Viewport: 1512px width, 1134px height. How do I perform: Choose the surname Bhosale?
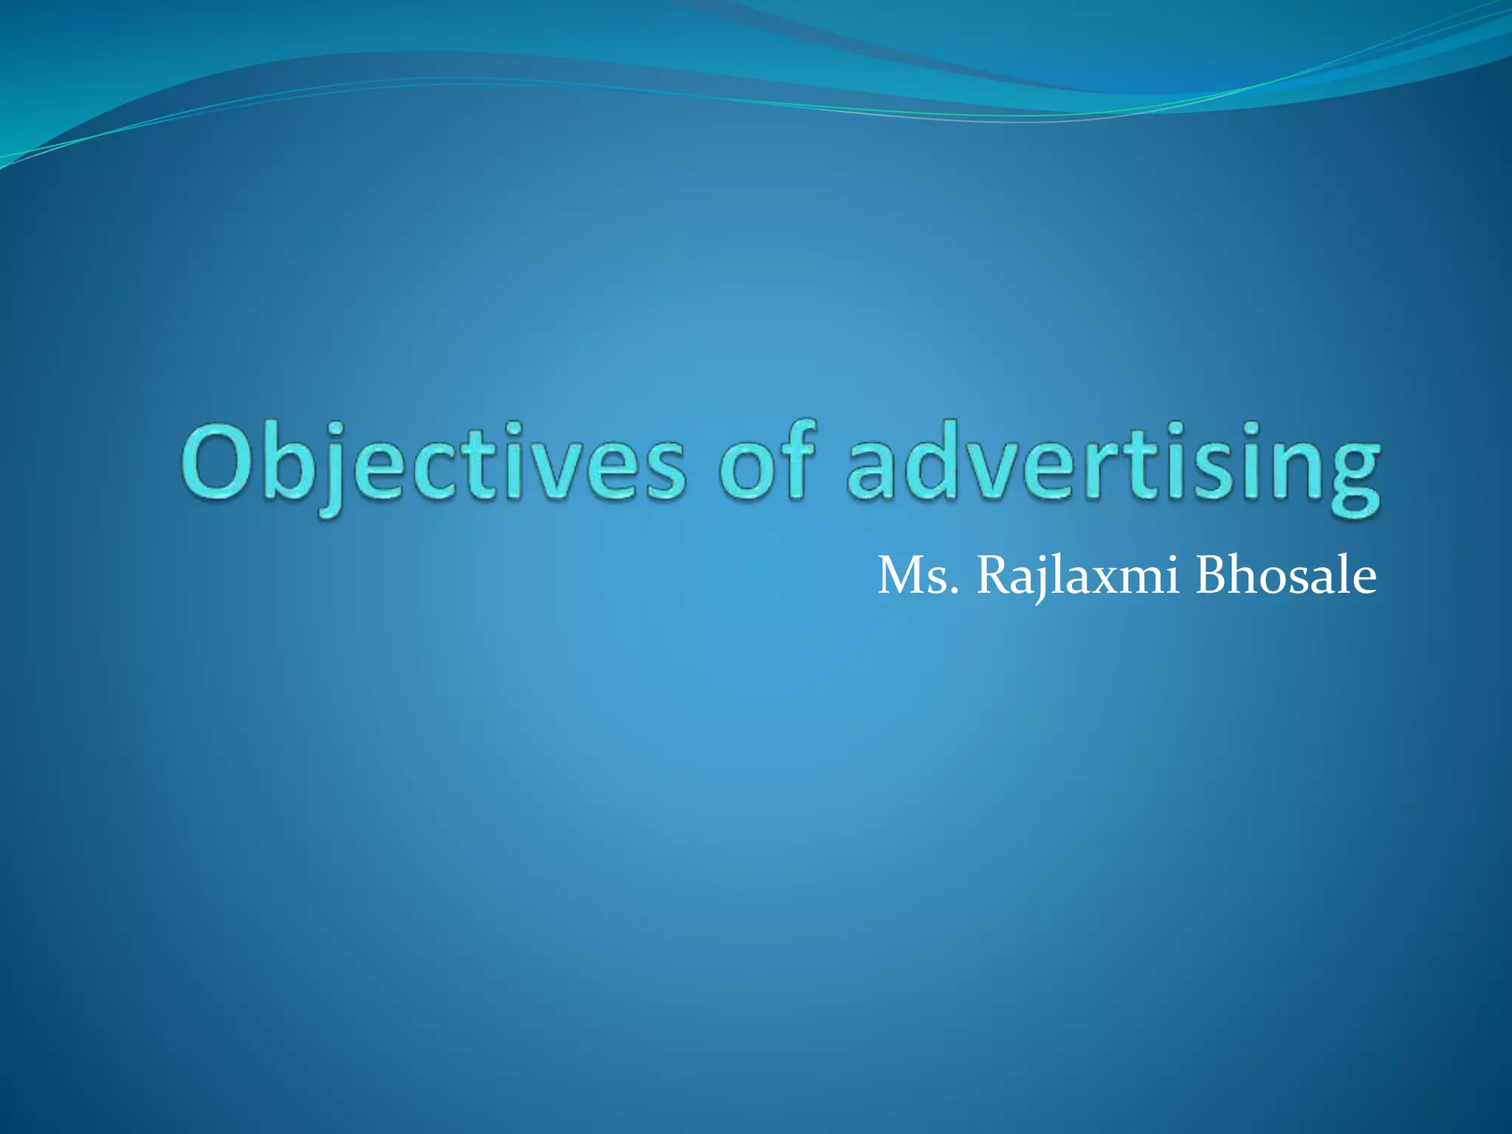1285,577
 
